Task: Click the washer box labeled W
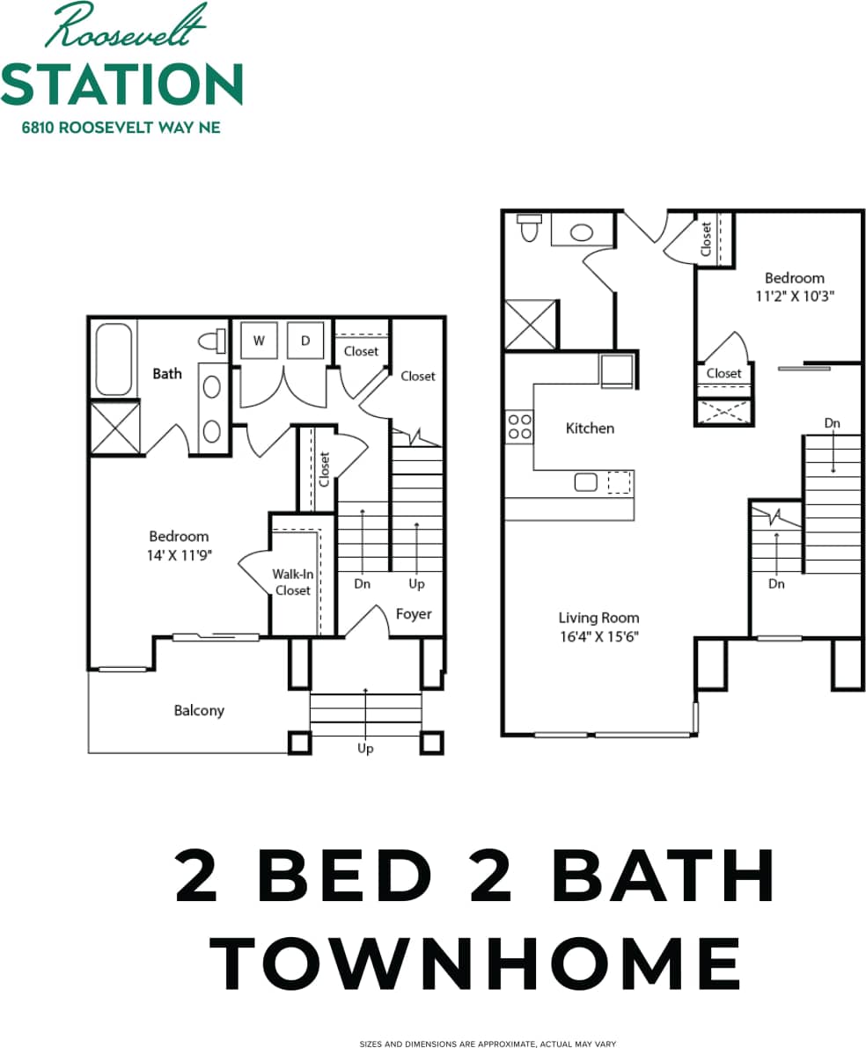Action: [260, 341]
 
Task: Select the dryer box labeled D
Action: [305, 341]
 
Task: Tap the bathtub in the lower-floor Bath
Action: [114, 359]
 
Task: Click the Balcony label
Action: [199, 710]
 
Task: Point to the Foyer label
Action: [413, 613]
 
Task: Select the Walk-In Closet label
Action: [292, 583]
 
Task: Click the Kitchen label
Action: [590, 429]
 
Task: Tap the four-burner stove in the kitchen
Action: [519, 427]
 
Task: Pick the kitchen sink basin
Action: [584, 481]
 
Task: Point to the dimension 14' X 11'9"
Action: [179, 554]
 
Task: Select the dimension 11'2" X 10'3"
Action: [794, 297]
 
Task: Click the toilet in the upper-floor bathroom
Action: [529, 227]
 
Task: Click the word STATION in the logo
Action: [121, 84]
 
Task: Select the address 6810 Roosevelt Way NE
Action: [121, 128]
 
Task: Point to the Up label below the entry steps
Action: [365, 748]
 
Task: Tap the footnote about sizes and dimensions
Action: [487, 1044]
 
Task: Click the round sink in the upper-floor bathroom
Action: [581, 232]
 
